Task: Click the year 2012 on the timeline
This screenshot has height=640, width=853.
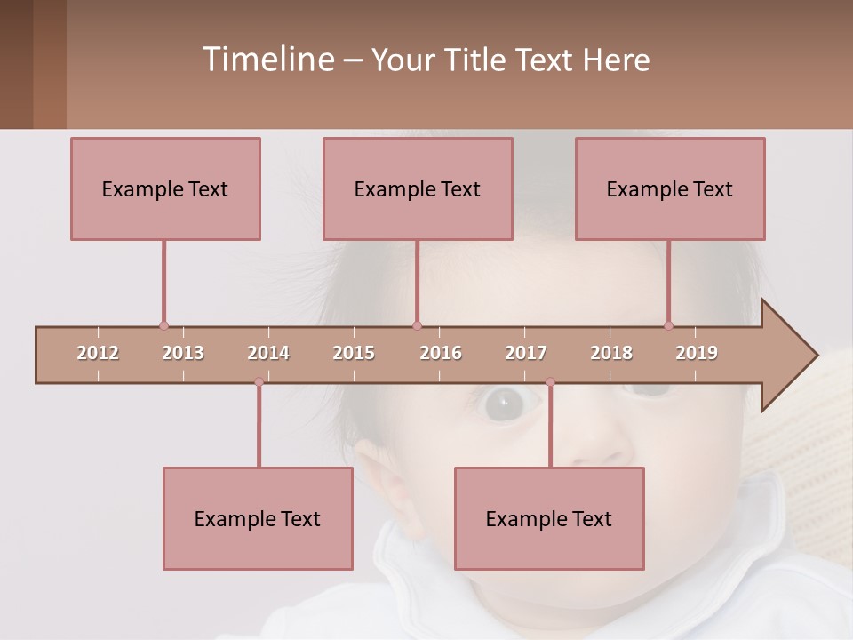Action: tap(98, 354)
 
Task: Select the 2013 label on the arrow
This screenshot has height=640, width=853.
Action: tap(183, 354)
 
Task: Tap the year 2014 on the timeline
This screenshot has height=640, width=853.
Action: tap(268, 354)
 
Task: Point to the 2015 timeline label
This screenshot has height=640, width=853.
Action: tap(354, 354)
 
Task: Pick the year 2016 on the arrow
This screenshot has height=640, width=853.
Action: tap(441, 354)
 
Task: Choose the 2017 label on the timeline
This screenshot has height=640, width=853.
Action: tap(526, 354)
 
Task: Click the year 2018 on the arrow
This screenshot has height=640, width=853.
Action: tap(611, 354)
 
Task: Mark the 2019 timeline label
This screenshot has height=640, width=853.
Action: tap(697, 354)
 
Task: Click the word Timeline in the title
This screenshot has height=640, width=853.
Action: tap(267, 60)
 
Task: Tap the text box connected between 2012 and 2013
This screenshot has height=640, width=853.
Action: tap(165, 188)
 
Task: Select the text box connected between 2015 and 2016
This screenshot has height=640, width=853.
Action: tap(418, 188)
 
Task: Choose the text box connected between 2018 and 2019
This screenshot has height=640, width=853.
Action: tap(670, 188)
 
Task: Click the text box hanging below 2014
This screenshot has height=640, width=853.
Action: tap(258, 518)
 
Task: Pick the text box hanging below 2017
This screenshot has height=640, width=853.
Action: tap(549, 518)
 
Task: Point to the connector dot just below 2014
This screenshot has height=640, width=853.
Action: tap(259, 382)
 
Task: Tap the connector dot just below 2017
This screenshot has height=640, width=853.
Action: tap(550, 382)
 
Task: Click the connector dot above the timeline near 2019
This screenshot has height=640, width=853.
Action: tap(669, 325)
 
